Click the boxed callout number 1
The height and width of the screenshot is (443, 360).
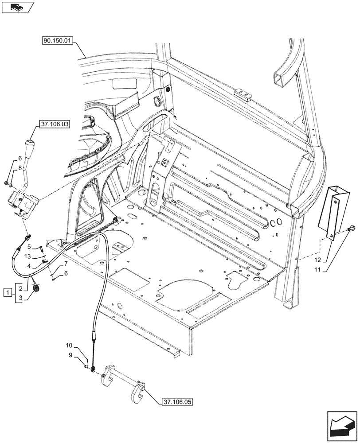coord(7,292)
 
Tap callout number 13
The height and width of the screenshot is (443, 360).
coord(27,256)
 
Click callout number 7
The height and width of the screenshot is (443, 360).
coord(65,264)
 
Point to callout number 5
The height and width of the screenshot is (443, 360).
coord(29,247)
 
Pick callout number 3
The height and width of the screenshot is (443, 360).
coord(20,298)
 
